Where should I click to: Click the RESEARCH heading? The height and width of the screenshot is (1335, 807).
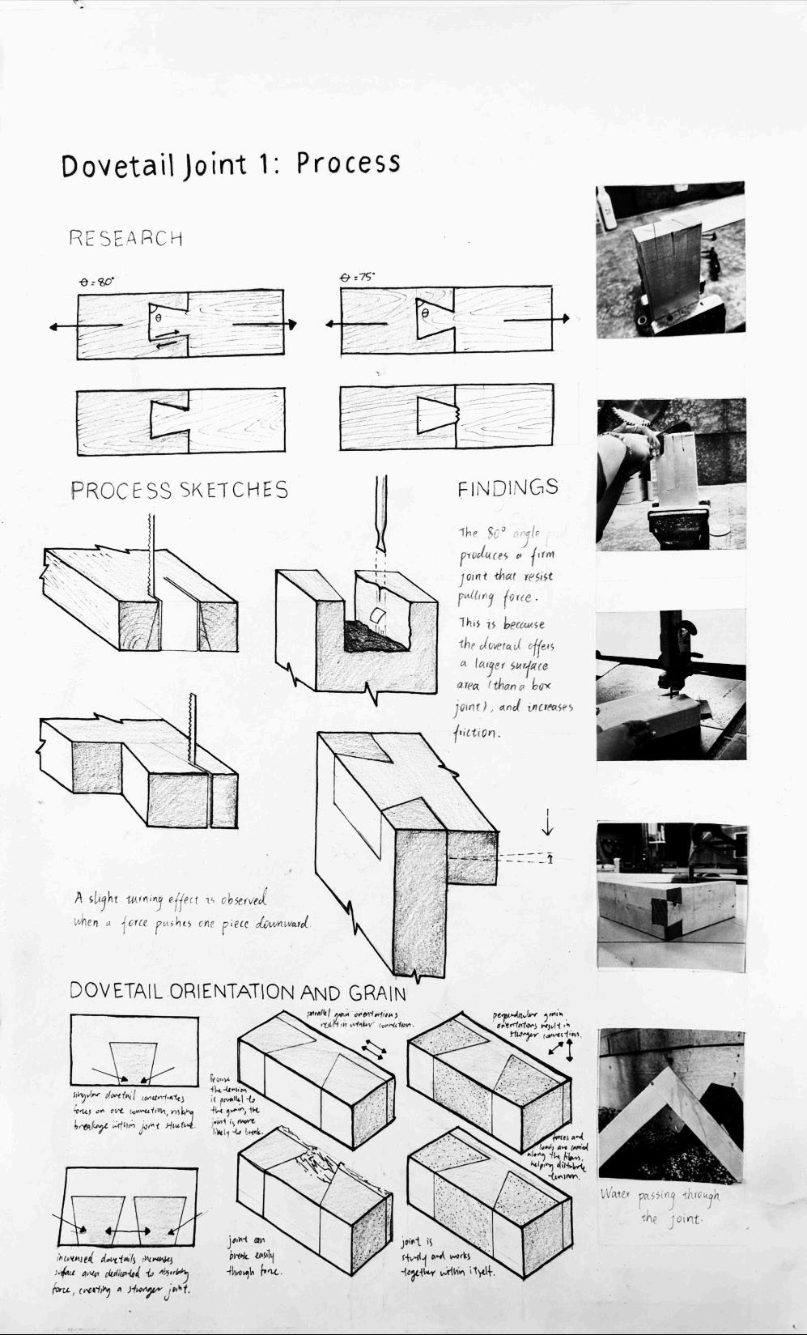click(x=125, y=238)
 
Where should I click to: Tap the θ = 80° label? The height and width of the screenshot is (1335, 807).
click(x=96, y=282)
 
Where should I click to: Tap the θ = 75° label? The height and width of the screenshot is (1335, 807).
click(x=356, y=277)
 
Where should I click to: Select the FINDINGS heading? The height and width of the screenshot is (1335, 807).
click(x=508, y=488)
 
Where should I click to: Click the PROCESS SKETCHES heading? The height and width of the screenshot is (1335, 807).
click(x=179, y=491)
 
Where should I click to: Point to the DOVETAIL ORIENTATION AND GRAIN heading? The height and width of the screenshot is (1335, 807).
click(x=237, y=992)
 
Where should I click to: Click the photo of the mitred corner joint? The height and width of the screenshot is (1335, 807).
click(x=671, y=1103)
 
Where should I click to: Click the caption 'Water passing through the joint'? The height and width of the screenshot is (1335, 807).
click(x=660, y=1205)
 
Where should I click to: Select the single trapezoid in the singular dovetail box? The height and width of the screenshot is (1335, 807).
click(x=133, y=1062)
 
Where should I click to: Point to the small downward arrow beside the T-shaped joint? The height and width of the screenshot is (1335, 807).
click(x=548, y=825)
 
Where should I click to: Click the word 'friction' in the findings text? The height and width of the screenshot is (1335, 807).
click(x=476, y=733)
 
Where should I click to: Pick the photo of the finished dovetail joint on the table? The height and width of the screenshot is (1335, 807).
click(x=671, y=896)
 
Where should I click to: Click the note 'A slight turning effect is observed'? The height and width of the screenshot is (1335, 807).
click(x=170, y=899)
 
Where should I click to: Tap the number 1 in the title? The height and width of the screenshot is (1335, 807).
click(x=262, y=164)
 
